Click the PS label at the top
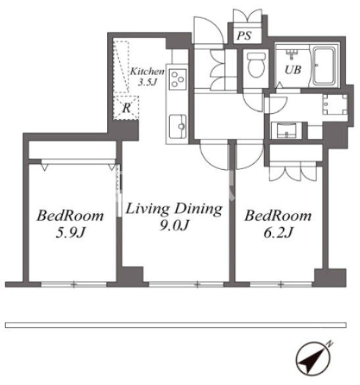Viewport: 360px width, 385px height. (244, 36)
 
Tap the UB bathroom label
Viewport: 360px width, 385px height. (293, 70)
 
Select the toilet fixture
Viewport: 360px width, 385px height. (256, 64)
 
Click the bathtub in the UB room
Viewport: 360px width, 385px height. (324, 66)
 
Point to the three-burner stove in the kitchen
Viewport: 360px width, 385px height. (178, 79)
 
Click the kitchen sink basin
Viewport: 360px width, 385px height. (178, 126)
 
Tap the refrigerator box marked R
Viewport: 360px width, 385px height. (126, 107)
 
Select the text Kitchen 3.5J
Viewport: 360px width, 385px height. (147, 76)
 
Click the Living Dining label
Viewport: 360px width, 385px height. (174, 209)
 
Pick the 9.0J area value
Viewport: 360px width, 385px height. (174, 225)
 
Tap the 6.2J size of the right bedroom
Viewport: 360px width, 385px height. (278, 232)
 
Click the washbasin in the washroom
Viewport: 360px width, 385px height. (286, 130)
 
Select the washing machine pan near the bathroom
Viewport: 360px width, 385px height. (335, 105)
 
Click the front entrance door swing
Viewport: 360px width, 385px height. (209, 30)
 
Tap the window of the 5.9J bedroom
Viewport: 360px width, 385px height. (74, 285)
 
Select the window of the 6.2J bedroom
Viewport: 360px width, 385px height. (281, 285)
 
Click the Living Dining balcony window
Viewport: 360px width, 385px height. (186, 285)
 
